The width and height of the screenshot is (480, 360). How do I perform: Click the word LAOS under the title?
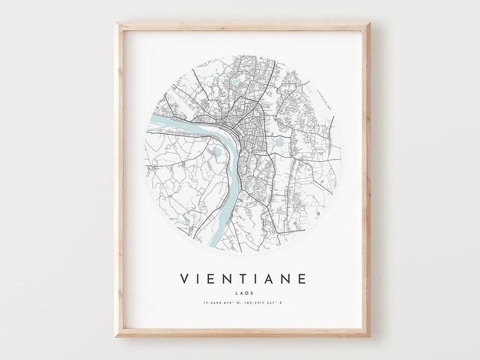[x=241, y=293]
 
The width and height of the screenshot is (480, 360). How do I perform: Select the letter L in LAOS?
[x=233, y=293]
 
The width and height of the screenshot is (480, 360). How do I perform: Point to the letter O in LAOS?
[x=243, y=293]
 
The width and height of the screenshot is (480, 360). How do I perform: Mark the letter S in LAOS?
[x=248, y=293]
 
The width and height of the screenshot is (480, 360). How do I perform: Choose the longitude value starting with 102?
[x=265, y=302]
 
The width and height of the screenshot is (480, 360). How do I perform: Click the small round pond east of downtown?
[x=279, y=144]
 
